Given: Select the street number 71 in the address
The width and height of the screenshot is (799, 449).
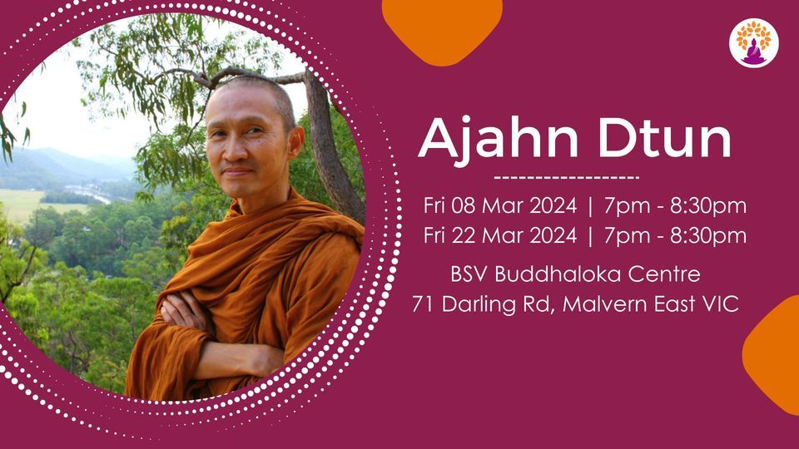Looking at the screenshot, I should [422, 304].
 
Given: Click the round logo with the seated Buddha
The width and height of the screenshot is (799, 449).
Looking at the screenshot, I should [754, 43].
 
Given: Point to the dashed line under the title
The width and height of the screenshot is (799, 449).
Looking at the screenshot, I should [566, 177].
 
